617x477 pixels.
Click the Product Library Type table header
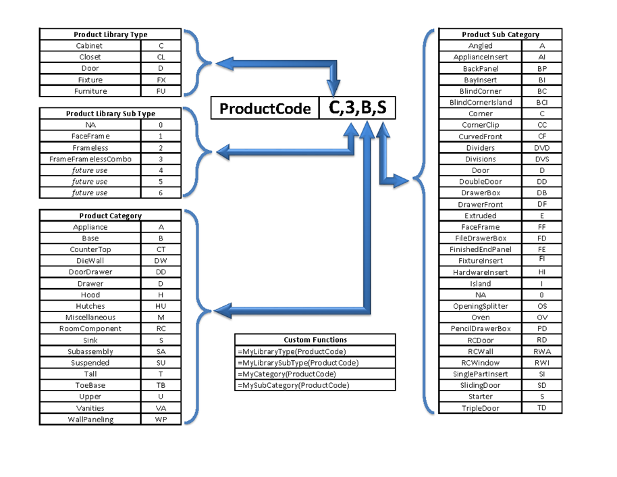pyautogui.click(x=111, y=34)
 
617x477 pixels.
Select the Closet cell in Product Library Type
pyautogui.click(x=90, y=57)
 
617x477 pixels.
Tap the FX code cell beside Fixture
pyautogui.click(x=161, y=80)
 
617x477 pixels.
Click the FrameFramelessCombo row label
pyautogui.click(x=90, y=159)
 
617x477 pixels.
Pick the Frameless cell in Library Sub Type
pyautogui.click(x=90, y=148)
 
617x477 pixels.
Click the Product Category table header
pyautogui.click(x=111, y=216)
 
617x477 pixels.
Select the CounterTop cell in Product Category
pyautogui.click(x=90, y=250)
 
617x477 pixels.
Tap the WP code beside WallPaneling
pyautogui.click(x=161, y=420)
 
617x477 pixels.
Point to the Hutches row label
pyautogui.click(x=90, y=306)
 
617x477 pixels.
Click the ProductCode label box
pyautogui.click(x=265, y=109)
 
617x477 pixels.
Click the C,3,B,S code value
pyautogui.click(x=357, y=108)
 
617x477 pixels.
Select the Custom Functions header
pyautogui.click(x=315, y=340)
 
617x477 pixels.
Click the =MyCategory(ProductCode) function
pyautogui.click(x=287, y=374)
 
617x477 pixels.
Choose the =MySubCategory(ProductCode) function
pyautogui.click(x=294, y=386)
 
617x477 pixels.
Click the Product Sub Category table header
pyautogui.click(x=500, y=34)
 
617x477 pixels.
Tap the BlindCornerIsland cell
pyautogui.click(x=481, y=103)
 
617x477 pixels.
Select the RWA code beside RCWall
pyautogui.click(x=542, y=351)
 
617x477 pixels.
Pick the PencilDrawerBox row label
pyautogui.click(x=481, y=329)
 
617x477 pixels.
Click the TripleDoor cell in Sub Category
pyautogui.click(x=481, y=408)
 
